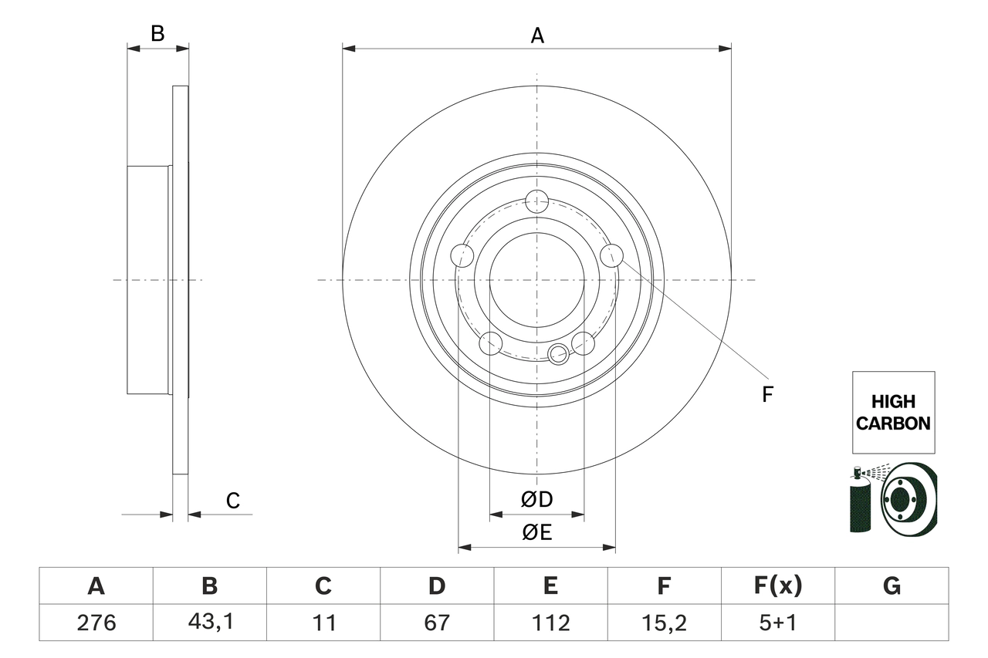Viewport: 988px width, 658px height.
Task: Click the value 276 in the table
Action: point(96,622)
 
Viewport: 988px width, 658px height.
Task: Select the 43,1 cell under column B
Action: point(209,622)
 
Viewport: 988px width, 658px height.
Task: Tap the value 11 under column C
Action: point(323,622)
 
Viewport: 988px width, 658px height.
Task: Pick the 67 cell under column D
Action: point(437,622)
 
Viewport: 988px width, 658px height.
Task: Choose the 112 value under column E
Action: point(550,622)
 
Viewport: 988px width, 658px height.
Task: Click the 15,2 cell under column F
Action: point(664,622)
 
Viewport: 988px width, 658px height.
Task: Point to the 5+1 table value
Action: point(777,622)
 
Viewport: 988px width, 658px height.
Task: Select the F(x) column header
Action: point(777,586)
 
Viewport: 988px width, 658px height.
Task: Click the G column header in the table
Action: point(892,586)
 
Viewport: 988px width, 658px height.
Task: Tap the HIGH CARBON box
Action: point(893,412)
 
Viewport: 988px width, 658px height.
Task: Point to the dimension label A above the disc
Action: point(537,35)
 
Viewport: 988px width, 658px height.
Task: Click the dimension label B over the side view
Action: point(157,33)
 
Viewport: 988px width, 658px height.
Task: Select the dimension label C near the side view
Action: point(233,501)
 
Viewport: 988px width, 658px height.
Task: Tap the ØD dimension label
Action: point(537,500)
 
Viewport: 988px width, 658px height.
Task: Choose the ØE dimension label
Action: point(537,533)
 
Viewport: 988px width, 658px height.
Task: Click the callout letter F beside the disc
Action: point(767,395)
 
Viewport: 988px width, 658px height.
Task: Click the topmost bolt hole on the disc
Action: point(536,201)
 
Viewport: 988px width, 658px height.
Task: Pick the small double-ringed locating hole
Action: point(558,354)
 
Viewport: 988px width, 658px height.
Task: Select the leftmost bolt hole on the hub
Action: point(462,255)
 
